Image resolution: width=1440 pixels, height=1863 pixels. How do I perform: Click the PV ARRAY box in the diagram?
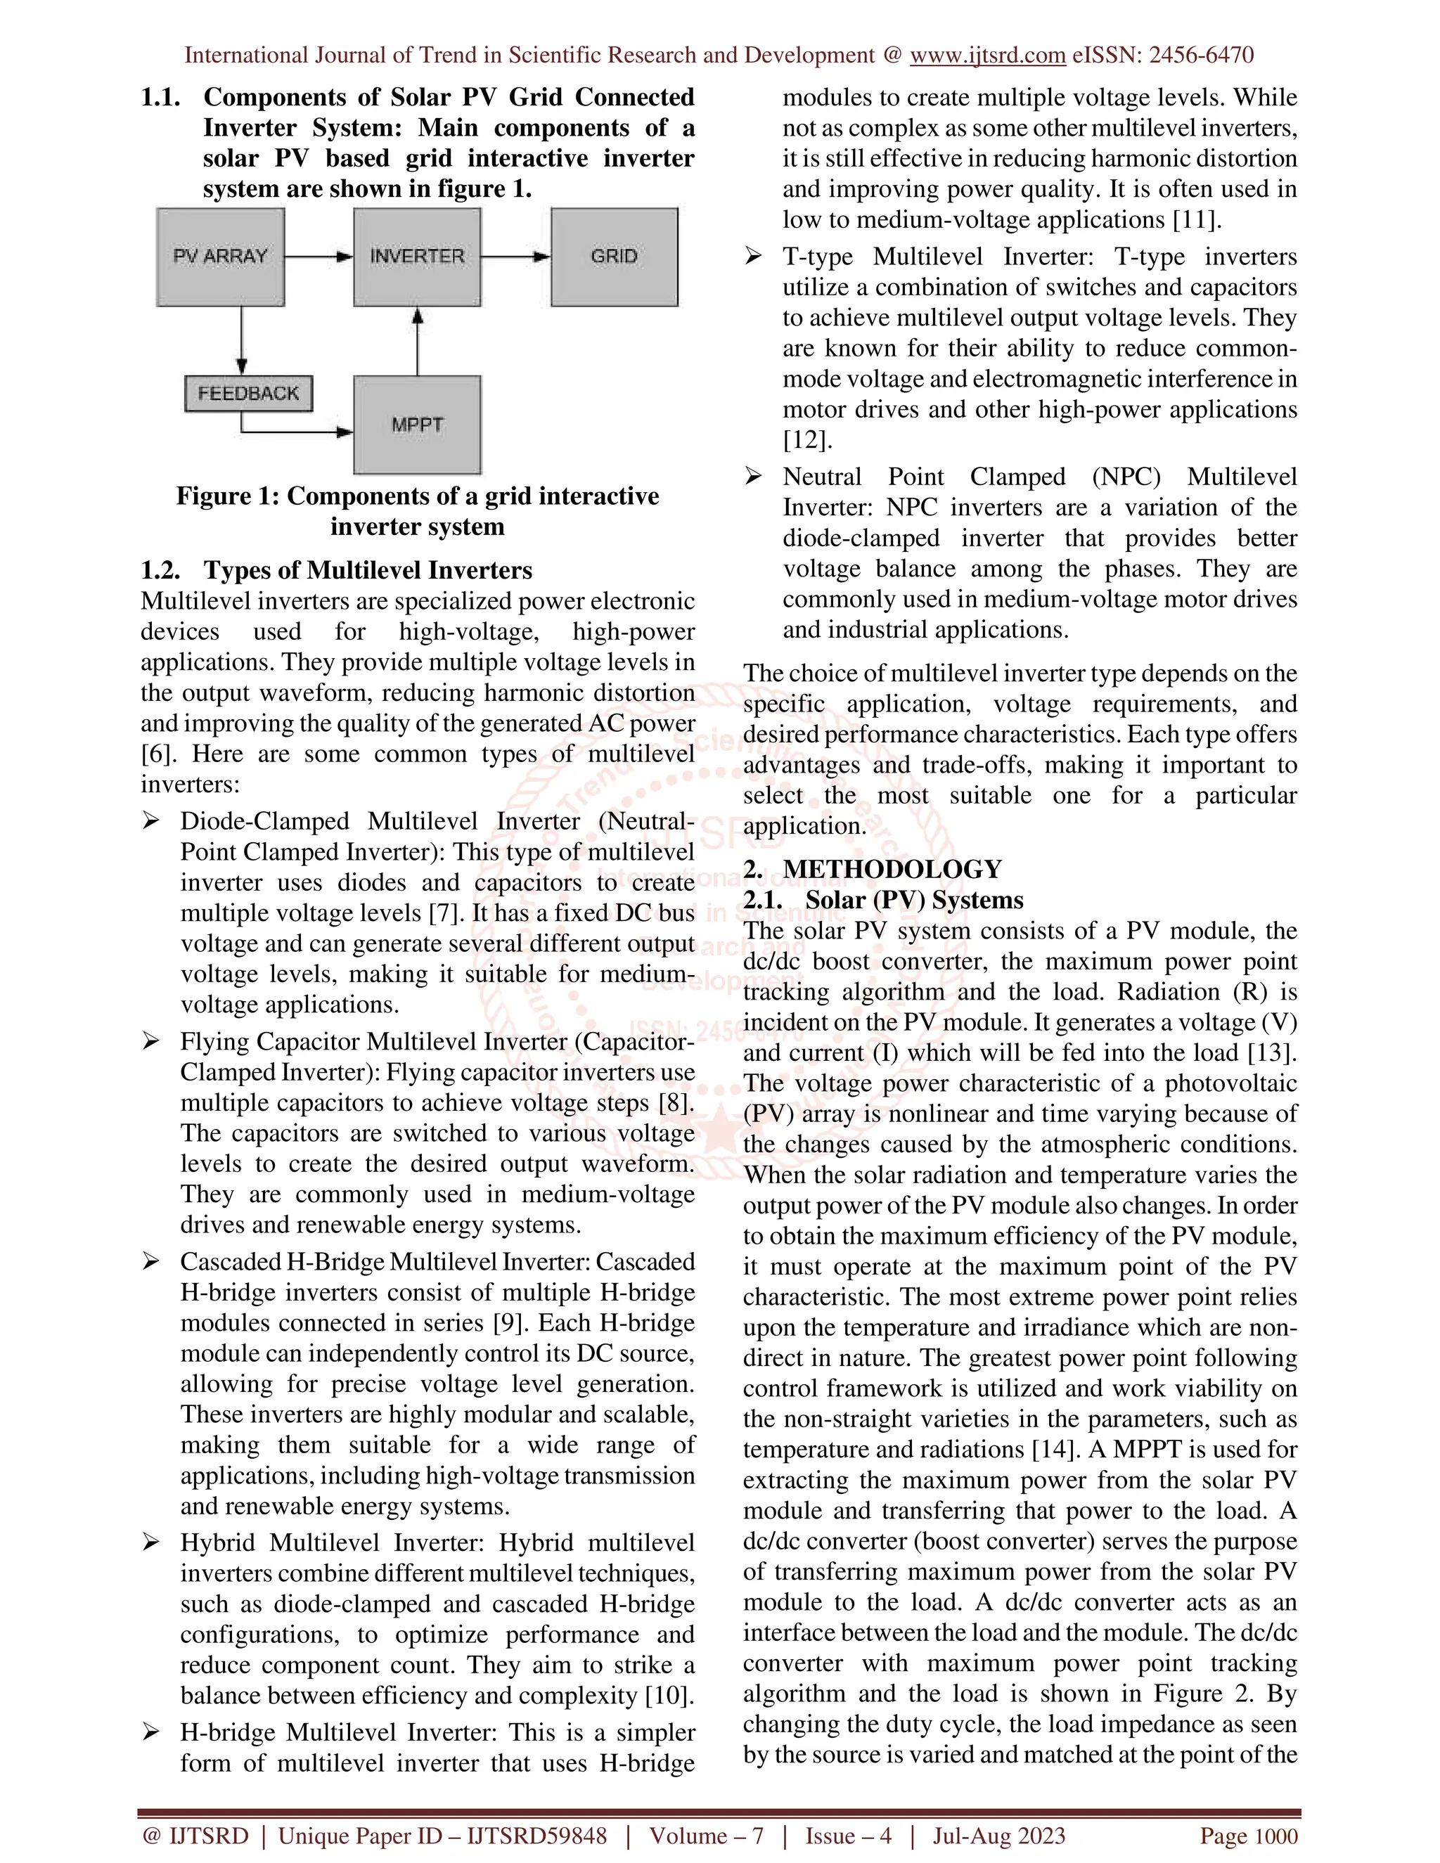pos(220,257)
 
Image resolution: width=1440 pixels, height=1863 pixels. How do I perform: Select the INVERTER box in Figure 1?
pos(417,257)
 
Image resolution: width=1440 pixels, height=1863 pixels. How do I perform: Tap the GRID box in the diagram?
pos(615,257)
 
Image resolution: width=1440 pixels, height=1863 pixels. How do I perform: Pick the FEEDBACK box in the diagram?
pos(248,393)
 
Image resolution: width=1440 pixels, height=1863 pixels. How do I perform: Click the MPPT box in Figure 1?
pos(417,425)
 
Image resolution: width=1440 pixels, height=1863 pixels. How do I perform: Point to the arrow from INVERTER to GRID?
pos(515,257)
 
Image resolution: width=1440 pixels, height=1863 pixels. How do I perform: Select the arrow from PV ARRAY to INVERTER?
pos(319,257)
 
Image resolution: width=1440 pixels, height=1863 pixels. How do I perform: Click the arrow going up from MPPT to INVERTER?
pos(417,341)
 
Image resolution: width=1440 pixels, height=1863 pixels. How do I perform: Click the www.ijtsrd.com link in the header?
pos(987,56)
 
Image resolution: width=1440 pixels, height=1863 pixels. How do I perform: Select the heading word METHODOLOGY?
pos(892,869)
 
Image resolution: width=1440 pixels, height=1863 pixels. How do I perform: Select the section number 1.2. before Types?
pos(160,570)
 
